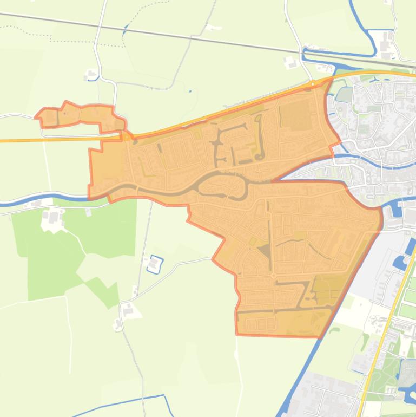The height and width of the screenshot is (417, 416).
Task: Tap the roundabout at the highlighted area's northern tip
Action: (314, 84)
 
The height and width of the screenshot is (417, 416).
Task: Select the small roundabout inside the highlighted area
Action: (273, 276)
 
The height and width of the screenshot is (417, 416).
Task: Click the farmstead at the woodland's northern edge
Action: (52, 218)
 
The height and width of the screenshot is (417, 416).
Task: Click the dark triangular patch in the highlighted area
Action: (265, 250)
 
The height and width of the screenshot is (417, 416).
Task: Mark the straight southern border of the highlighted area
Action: (276, 335)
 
